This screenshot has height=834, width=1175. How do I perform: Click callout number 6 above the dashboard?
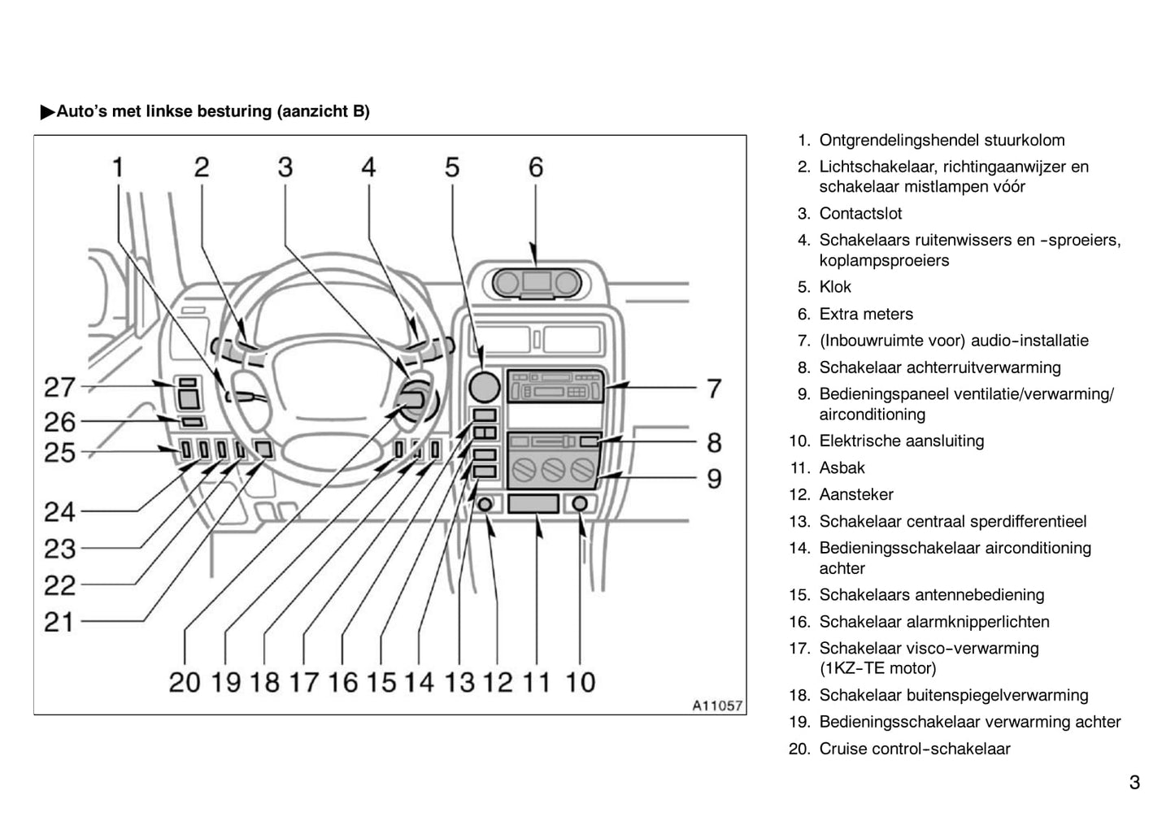pos(536,167)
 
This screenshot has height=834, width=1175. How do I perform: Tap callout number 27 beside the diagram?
pos(60,388)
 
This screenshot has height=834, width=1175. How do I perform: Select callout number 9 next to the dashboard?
pos(714,478)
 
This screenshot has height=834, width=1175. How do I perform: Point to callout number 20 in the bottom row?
pos(184,682)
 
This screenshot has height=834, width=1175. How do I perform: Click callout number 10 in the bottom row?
pos(580,682)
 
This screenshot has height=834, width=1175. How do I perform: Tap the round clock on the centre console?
pos(484,387)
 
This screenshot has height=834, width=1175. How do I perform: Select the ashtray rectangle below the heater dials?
pos(533,503)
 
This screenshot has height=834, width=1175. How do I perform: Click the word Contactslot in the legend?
pos(860,214)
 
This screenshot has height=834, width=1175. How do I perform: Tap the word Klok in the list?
pos(835,287)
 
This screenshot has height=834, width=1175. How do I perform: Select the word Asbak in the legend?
pos(842,467)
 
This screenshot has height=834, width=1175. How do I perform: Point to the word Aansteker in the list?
pos(856,494)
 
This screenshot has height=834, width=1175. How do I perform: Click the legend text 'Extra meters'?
pos(866,314)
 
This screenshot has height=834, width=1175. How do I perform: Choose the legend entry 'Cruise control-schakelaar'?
pos(915,749)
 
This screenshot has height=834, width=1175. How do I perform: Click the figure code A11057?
pos(717,706)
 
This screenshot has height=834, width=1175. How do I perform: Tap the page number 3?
pos(1134,782)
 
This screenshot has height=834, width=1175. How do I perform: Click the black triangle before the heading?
pos(48,111)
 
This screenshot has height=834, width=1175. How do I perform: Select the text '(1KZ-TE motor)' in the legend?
pos(877,668)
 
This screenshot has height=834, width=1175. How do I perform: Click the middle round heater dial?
pos(553,470)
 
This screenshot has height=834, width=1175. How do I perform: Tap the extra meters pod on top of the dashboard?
pos(537,283)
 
